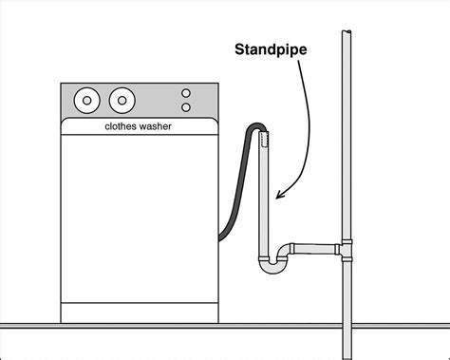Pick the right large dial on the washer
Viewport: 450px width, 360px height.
point(122,99)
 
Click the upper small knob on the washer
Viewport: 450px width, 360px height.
point(186,93)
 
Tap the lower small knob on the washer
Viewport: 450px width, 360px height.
point(186,107)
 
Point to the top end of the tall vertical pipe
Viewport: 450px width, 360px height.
point(348,34)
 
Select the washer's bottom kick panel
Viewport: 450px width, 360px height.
point(141,311)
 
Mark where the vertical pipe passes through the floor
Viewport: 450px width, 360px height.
point(348,327)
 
